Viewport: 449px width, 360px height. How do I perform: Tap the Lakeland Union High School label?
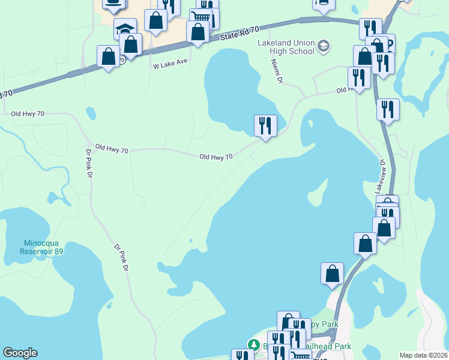pos(286,47)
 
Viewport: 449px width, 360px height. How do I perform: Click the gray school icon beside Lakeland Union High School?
pos(324,46)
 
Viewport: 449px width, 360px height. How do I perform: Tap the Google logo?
pos(20,353)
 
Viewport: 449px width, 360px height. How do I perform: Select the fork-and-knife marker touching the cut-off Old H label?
pos(359,78)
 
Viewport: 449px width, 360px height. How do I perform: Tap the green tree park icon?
pos(254,345)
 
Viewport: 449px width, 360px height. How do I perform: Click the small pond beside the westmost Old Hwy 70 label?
pos(91,113)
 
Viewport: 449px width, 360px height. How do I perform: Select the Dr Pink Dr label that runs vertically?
pos(89,164)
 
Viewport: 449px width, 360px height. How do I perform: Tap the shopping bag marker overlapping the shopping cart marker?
pos(197,31)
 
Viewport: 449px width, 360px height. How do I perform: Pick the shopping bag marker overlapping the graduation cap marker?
pos(131,44)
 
